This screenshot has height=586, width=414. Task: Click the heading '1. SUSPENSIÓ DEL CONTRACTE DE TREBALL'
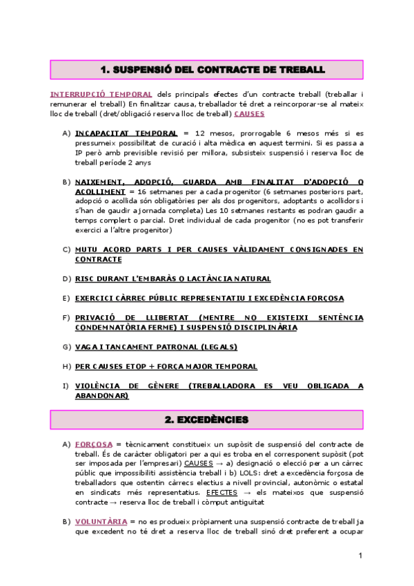[207, 70]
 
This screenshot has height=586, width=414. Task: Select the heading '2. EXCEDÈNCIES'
[207, 419]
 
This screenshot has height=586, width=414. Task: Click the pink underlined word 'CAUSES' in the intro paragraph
[249, 113]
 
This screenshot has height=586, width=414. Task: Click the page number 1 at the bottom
[361, 556]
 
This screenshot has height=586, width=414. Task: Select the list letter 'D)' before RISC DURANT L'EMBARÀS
[66, 278]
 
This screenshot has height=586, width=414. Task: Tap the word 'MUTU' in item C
[88, 249]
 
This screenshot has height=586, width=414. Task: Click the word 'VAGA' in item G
[87, 346]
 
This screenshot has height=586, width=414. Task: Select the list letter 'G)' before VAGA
[66, 346]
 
